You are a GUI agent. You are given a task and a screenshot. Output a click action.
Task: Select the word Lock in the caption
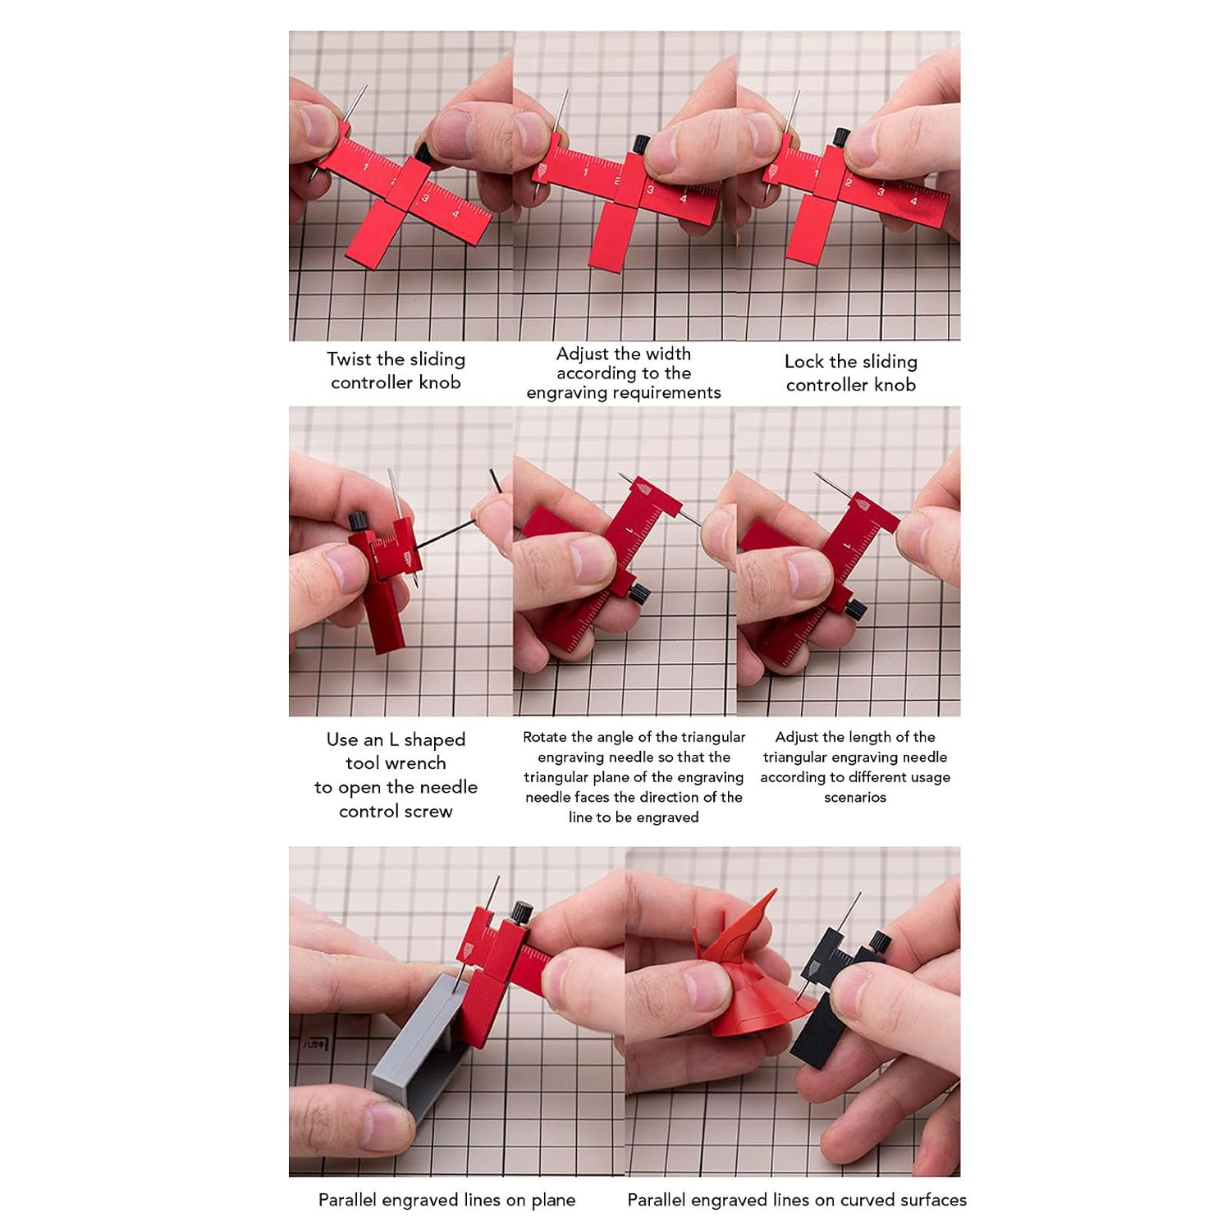click(x=803, y=361)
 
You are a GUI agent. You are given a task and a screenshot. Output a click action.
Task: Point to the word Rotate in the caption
click(x=545, y=737)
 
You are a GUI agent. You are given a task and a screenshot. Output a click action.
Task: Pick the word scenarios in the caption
click(x=855, y=797)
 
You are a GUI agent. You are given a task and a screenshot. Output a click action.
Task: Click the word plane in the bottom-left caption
click(x=553, y=1200)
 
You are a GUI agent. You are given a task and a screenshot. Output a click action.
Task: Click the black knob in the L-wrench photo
click(x=358, y=521)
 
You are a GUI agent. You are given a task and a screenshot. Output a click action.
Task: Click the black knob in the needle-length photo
click(x=854, y=610)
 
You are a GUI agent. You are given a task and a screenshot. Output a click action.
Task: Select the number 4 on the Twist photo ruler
click(x=455, y=214)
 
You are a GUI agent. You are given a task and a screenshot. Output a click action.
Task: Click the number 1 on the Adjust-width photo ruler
click(x=585, y=172)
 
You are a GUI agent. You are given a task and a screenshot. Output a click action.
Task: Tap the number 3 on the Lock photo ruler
click(x=881, y=192)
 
